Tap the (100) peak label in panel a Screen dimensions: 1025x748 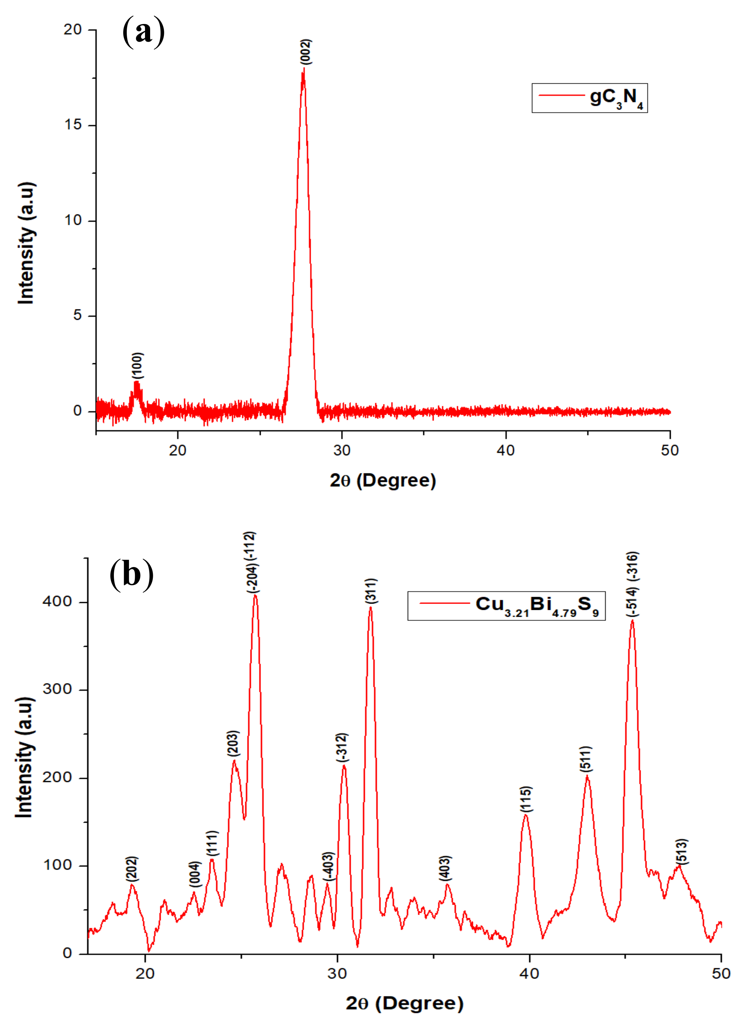138,365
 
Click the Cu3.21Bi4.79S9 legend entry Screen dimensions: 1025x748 506,606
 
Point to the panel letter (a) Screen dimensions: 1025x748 144,32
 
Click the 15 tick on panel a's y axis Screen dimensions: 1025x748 73,125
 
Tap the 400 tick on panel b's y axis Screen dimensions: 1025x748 57,602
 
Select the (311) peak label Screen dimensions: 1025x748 371,591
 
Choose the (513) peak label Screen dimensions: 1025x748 682,851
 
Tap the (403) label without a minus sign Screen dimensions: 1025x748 446,868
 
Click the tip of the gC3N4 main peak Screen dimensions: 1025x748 303,69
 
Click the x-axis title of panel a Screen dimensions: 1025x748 383,481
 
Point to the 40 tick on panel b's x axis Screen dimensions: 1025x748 529,973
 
